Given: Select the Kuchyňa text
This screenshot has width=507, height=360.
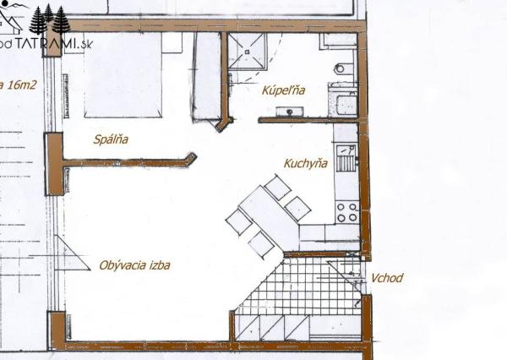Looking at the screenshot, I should [305, 165].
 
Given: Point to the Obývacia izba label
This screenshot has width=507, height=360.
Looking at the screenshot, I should [134, 265].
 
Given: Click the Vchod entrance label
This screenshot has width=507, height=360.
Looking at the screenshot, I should [387, 278].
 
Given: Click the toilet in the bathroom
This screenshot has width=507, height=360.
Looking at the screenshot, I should [342, 68].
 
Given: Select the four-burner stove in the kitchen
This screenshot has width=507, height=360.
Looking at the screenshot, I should [347, 211].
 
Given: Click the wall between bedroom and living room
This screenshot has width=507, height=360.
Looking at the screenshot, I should [127, 161].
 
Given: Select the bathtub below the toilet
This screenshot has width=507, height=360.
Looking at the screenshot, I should [345, 101].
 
